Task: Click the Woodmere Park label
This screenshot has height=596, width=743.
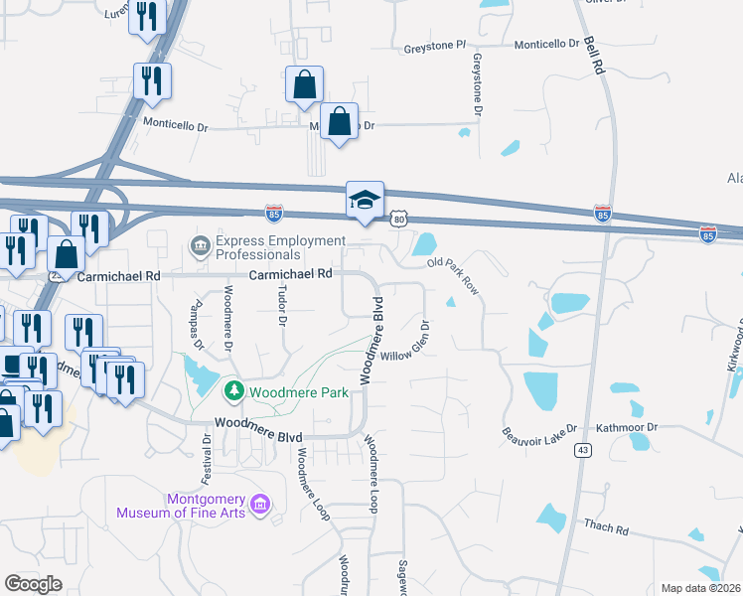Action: [299, 392]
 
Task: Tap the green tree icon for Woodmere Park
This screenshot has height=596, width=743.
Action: [234, 391]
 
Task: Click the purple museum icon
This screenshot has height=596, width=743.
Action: [261, 505]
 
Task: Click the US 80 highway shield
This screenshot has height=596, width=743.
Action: [399, 217]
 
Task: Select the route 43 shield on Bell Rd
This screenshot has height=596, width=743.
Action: [582, 450]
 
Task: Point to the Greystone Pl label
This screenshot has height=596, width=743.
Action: [435, 46]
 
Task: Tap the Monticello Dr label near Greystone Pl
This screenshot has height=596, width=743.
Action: [546, 44]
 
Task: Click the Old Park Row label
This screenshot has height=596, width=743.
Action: [453, 275]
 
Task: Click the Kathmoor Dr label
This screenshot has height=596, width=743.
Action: [627, 427]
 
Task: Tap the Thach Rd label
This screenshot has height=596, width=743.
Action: [607, 529]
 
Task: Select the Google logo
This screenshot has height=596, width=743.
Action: [33, 584]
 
